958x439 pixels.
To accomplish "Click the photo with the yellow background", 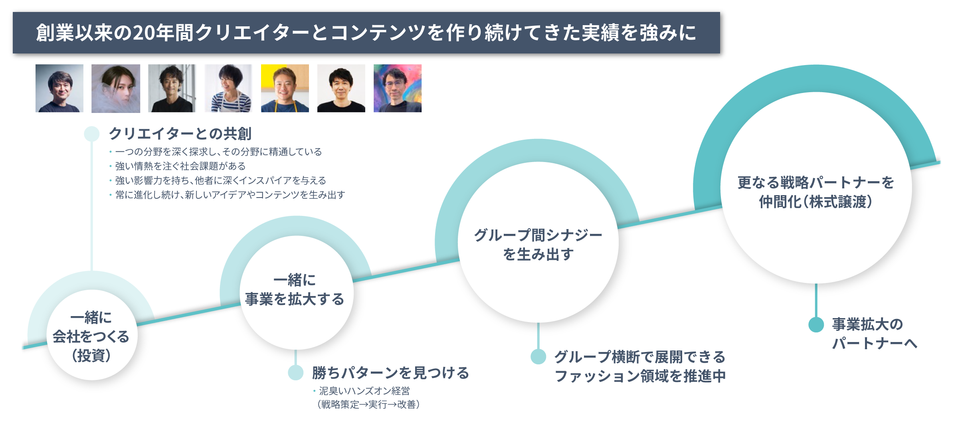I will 285,88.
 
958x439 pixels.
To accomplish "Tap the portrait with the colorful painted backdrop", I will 398,88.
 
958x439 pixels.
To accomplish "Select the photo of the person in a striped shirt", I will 228,88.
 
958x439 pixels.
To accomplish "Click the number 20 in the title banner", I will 144,33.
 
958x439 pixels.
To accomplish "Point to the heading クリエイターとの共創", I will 180,134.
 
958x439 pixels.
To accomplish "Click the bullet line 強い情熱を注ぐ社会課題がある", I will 180,166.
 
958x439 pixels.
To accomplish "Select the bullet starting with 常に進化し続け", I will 230,195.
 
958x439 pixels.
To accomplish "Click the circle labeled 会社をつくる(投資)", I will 92,335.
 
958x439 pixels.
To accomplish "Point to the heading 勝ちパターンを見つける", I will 390,373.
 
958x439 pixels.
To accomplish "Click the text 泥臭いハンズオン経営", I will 364,391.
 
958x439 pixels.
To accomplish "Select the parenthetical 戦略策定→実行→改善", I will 368,405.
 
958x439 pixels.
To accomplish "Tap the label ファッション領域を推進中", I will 640,376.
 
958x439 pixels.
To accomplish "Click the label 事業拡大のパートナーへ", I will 874,334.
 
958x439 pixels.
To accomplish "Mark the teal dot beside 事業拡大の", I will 816,324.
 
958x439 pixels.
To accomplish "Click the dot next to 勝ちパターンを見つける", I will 296,372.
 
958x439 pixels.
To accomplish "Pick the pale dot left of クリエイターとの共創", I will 92,134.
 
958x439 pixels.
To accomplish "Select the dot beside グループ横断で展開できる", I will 538,356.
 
